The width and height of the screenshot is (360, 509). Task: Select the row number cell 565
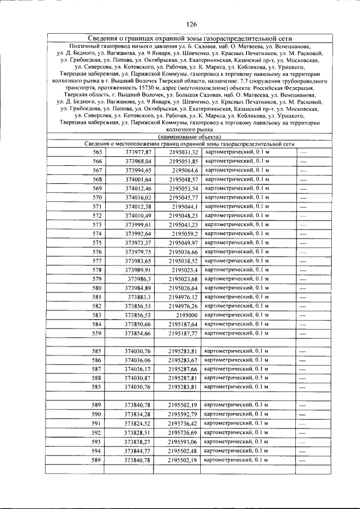98,152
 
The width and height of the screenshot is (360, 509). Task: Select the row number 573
98,224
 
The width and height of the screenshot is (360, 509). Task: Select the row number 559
98,333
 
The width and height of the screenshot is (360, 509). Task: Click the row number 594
98,451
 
